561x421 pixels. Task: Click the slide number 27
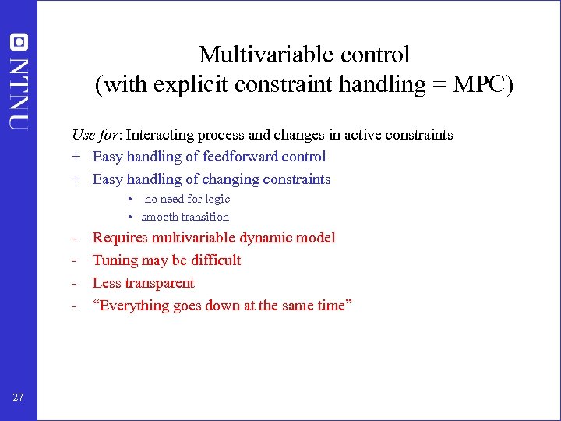(x=18, y=398)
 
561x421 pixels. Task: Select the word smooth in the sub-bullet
(x=160, y=217)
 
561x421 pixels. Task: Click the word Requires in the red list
(x=120, y=238)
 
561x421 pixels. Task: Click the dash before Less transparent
(x=74, y=283)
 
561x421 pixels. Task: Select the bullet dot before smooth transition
(x=132, y=217)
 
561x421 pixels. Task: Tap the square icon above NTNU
(x=18, y=43)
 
